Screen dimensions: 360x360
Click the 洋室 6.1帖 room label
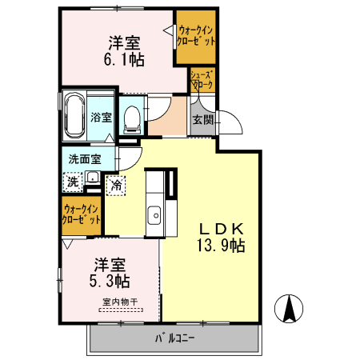[126, 50]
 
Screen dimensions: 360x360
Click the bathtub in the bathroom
[74, 117]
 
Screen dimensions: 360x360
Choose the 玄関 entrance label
[202, 120]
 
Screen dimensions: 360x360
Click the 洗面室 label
[83, 158]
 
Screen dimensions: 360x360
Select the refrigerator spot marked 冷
[117, 185]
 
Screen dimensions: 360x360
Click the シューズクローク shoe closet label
[200, 80]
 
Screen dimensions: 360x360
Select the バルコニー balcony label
[175, 339]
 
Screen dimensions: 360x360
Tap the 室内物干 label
[120, 301]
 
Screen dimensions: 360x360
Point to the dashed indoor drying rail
[121, 309]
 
